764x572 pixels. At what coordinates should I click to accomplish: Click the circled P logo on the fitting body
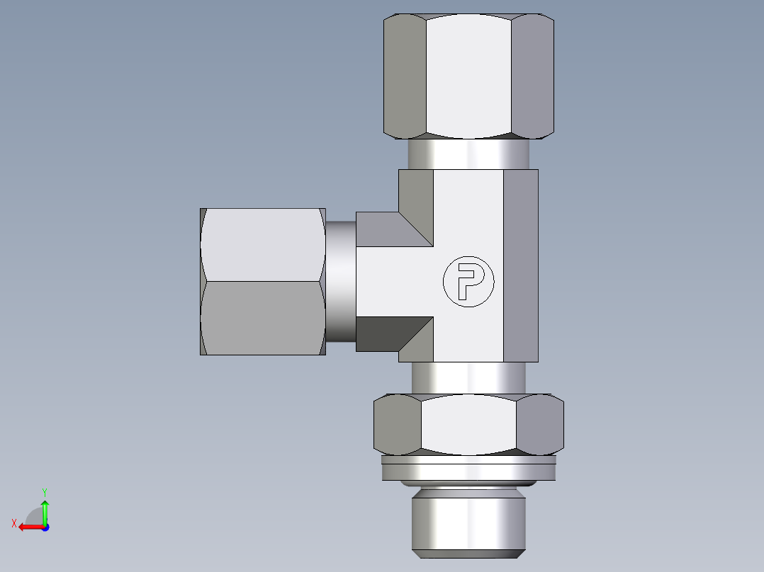(x=468, y=282)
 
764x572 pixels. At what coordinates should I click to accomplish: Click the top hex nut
(x=468, y=76)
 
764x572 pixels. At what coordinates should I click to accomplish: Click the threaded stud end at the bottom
(x=468, y=521)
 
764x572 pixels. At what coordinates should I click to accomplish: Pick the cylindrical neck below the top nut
(x=468, y=154)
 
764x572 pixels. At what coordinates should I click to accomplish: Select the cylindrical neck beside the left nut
(x=341, y=281)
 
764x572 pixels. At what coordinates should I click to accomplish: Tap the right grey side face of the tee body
(x=520, y=265)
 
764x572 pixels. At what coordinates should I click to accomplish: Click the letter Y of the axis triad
(x=44, y=491)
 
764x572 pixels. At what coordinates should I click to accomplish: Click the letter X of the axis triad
(x=13, y=523)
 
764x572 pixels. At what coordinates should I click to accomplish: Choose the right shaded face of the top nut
(x=532, y=76)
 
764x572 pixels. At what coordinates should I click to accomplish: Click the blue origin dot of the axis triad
(x=45, y=527)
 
